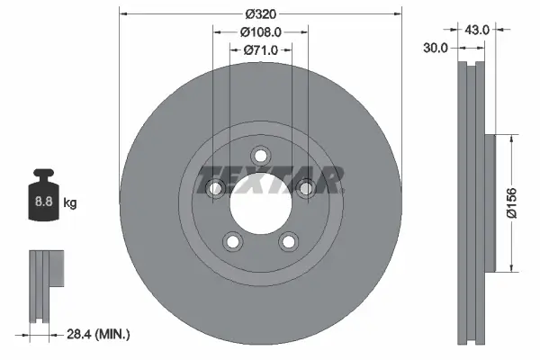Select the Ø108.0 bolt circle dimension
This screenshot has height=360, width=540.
(260, 32)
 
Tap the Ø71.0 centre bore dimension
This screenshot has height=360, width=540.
(260, 50)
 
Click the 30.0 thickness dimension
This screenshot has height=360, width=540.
(436, 49)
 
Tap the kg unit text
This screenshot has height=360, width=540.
(70, 203)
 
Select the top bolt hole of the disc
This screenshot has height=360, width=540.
(260, 155)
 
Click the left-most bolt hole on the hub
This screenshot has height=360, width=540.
(215, 187)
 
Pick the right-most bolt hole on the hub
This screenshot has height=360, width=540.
(305, 187)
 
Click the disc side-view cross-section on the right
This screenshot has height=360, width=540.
(472, 202)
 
